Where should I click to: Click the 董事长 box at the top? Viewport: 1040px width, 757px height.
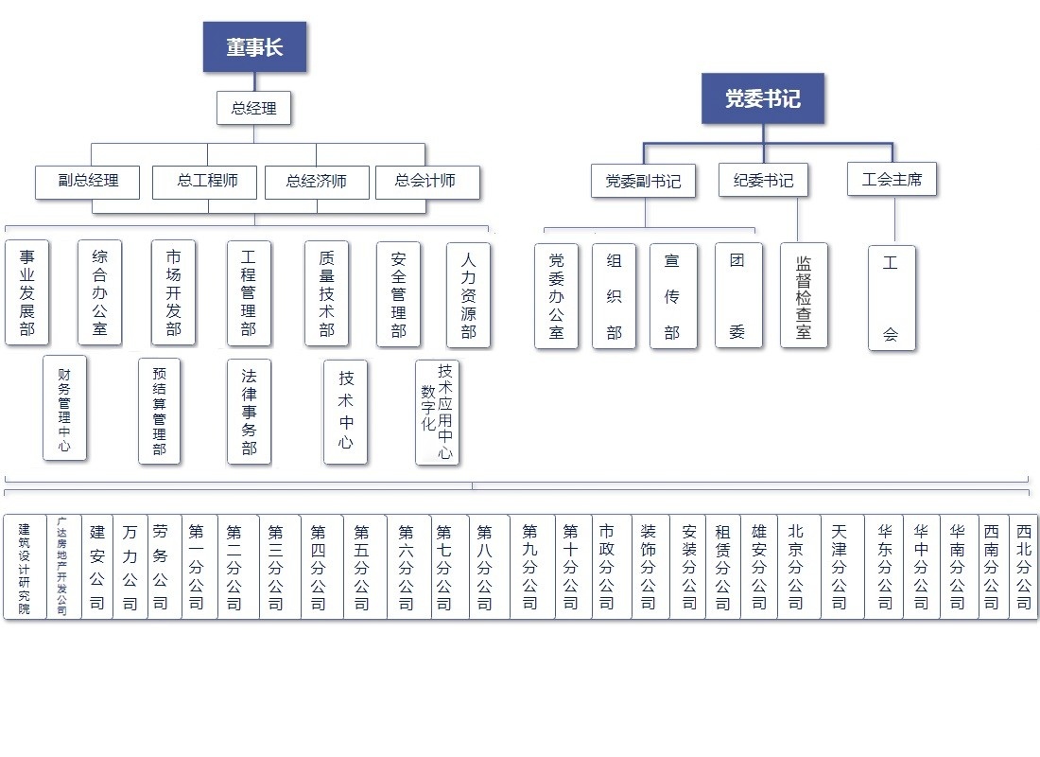tap(254, 47)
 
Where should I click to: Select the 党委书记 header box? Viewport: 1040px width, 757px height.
tap(762, 98)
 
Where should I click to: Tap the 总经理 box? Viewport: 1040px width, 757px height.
tap(253, 108)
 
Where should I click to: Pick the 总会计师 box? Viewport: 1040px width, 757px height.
tap(426, 182)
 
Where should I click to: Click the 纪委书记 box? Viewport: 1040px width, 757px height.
tap(763, 180)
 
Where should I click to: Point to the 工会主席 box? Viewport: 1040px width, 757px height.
tap(892, 178)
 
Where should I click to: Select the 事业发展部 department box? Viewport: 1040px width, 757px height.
tap(27, 292)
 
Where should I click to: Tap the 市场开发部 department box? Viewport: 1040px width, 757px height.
tap(173, 292)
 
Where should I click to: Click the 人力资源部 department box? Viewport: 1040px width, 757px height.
tap(468, 294)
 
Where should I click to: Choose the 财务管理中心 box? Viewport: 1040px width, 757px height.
tap(64, 408)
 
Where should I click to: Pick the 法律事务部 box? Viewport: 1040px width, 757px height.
tap(249, 411)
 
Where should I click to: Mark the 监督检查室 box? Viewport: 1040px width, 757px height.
tap(804, 295)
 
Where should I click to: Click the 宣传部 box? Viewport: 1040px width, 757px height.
tap(672, 295)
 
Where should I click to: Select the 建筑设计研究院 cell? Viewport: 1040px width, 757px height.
tap(25, 567)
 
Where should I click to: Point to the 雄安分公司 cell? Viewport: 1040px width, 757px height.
tap(758, 567)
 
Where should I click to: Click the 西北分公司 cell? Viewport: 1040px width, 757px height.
tap(1023, 567)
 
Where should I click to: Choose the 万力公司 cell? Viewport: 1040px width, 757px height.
tap(130, 567)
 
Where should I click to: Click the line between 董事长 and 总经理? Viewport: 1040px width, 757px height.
tap(253, 81)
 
